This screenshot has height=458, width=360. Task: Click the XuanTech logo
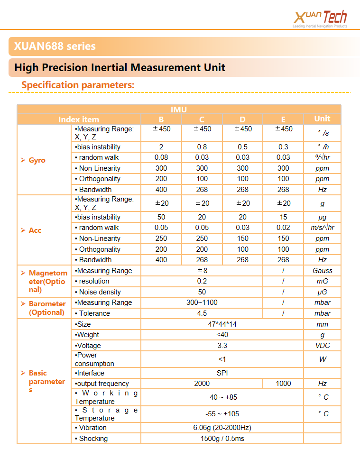pos(321,18)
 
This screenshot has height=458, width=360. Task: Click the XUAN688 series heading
pos(55,46)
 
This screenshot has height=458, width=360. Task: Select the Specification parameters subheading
pos(78,85)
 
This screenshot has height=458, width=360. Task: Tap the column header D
pos(242,119)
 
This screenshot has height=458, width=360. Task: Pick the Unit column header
pos(322,119)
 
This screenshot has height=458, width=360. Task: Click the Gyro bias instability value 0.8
pos(202,147)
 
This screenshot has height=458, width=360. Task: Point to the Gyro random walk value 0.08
pos(161,157)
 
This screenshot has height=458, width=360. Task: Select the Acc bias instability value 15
pos(283,217)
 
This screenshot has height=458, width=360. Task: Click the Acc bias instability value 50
pos(161,217)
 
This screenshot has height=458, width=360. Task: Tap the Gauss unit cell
pos(322,271)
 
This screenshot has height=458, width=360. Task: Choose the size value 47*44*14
pos(222,324)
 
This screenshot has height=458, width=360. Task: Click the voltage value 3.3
pos(222,346)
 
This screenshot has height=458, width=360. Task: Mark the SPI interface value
pos(222,373)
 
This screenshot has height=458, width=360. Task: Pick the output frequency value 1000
pos(283,384)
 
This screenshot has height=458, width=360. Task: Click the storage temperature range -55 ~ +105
pos(222,414)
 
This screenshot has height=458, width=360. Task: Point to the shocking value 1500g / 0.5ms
pos(222,439)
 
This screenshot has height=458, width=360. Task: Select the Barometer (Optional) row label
pos(46,308)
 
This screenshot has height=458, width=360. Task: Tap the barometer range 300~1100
pos(202,302)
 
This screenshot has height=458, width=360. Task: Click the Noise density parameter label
pos(100,292)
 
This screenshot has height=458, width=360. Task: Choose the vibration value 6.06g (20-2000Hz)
pos(222,428)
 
